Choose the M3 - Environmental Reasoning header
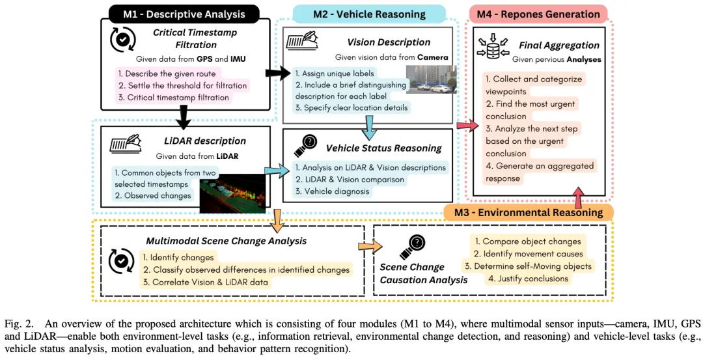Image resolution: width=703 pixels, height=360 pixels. coord(529,212)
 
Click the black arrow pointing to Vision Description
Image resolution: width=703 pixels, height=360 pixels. coord(277,74)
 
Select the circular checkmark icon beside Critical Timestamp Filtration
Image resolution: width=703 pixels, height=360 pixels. coord(122,39)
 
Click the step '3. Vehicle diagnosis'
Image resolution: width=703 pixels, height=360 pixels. coord(331,191)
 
